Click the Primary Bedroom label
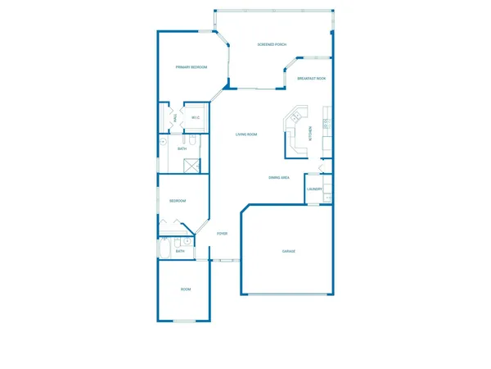click(191, 67)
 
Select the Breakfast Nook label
click(312, 79)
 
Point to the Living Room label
click(246, 134)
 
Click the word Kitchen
click(309, 132)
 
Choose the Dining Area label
click(279, 177)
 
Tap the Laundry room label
click(314, 189)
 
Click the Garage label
click(288, 250)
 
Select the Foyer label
click(222, 234)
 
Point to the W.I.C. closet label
click(196, 118)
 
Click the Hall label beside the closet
click(174, 118)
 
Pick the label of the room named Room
click(186, 289)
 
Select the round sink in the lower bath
click(187, 242)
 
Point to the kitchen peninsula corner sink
click(291, 121)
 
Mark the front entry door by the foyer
click(225, 260)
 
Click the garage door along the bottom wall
click(288, 294)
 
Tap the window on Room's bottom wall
click(185, 321)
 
